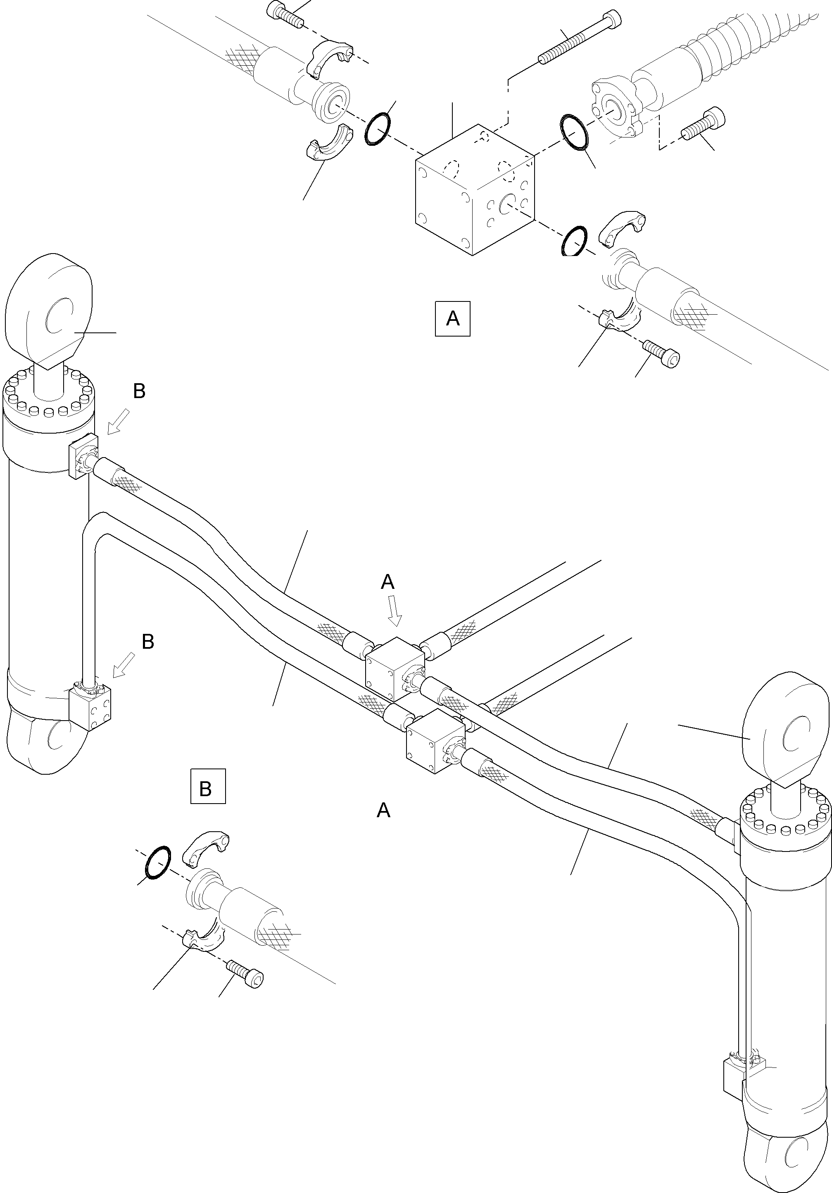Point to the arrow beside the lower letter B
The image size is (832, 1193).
point(123,666)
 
